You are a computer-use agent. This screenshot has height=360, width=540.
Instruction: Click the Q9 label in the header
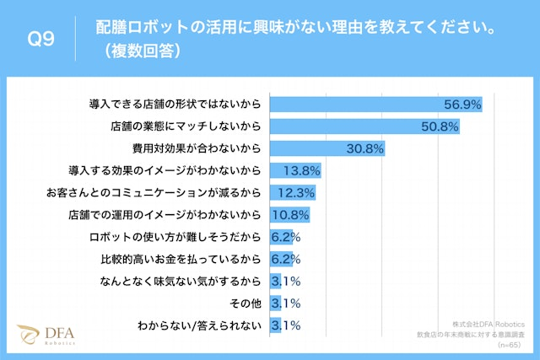click(x=39, y=39)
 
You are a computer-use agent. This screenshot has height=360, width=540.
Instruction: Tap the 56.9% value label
click(x=462, y=105)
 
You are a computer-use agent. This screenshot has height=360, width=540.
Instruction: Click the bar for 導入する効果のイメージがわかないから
click(x=295, y=170)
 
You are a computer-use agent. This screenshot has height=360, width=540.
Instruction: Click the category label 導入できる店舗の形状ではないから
click(x=175, y=105)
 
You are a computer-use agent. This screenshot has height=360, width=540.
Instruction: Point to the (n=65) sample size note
click(x=511, y=344)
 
